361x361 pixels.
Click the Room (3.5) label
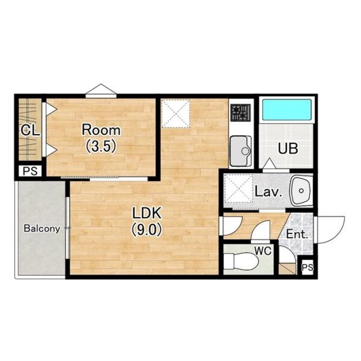coord(101,138)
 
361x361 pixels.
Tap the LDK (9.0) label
coord(147,221)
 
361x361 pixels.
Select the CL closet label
coord(30,130)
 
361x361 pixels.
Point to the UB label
coord(288,148)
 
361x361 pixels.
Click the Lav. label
coord(268,192)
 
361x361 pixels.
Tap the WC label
coord(263,251)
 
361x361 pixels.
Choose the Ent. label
coord(297,235)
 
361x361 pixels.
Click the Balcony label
coord(42,228)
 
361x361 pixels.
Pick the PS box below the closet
coord(30,171)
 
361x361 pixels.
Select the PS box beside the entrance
coord(307,267)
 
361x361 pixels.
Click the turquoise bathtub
coord(287,109)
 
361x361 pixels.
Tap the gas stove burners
coord(241,113)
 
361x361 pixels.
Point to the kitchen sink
coord(241,151)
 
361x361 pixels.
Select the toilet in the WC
coord(240,261)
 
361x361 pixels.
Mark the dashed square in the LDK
coord(175,113)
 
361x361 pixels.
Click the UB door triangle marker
coord(270,164)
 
